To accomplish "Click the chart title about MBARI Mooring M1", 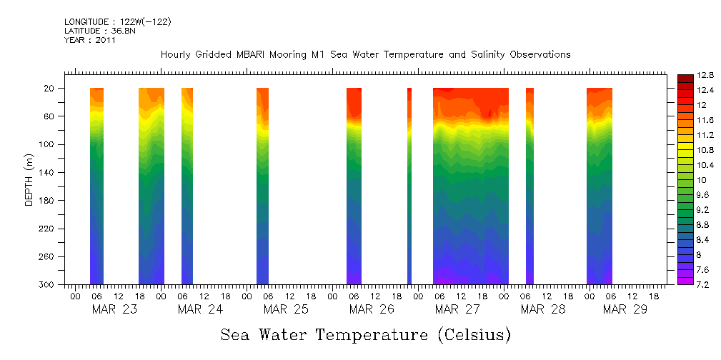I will pyautogui.click(x=365, y=54).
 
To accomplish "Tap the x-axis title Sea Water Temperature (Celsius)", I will pyautogui.click(x=365, y=334).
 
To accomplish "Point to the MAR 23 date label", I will pyautogui.click(x=114, y=309).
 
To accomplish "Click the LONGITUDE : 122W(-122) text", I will pyautogui.click(x=117, y=22).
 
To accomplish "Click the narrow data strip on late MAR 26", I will pyautogui.click(x=409, y=186).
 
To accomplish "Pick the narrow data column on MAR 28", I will pyautogui.click(x=529, y=186).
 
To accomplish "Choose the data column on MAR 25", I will pyautogui.click(x=262, y=186).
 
